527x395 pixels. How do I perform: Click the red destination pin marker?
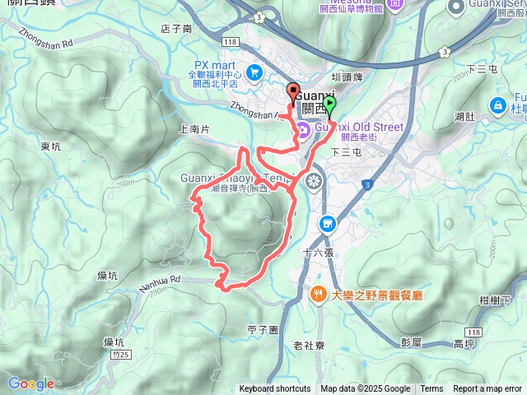tap(292, 92)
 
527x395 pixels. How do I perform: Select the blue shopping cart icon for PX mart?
tap(254, 72)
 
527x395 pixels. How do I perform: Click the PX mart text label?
tap(214, 65)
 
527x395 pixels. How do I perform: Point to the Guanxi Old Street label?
tap(362, 127)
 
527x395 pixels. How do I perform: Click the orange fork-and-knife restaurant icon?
tap(318, 294)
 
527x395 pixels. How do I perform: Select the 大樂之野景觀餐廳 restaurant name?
tap(376, 295)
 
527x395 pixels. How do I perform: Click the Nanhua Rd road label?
tap(164, 281)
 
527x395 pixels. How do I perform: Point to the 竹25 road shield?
tap(119, 355)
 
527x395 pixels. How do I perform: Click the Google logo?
tap(30, 383)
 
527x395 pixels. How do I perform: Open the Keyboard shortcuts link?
tap(274, 389)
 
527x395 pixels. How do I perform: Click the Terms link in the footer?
tap(431, 389)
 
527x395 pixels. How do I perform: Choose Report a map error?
tap(487, 389)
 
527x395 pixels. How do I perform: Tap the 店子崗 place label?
tap(176, 29)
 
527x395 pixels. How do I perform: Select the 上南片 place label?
tap(194, 128)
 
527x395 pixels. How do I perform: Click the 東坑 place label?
tap(49, 146)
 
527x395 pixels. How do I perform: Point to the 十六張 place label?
tap(316, 253)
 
